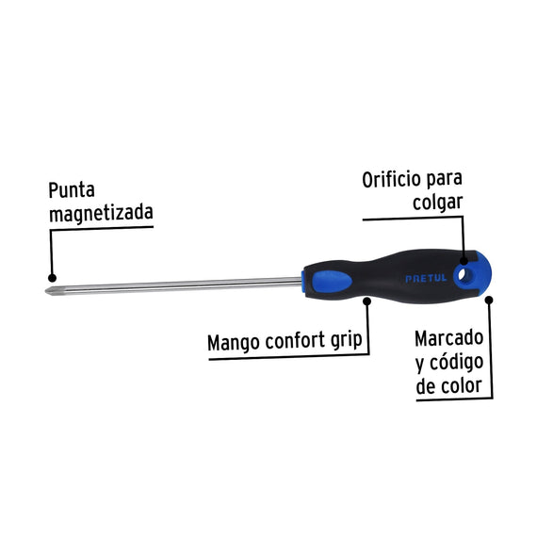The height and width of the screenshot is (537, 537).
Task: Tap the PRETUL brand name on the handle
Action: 426,278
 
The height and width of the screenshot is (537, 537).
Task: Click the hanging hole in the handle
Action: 463,274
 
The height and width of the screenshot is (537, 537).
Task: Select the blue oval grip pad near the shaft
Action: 331,281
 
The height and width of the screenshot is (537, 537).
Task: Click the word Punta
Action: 72,189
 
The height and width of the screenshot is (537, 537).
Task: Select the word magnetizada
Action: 101,213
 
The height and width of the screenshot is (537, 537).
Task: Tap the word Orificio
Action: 392,179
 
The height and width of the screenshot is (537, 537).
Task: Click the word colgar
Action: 437,203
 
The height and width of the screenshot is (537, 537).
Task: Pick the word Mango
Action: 233,343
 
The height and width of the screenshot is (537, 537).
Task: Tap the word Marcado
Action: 448,338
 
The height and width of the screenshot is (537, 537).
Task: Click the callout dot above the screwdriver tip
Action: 52,277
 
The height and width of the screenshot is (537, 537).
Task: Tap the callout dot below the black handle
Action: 367,301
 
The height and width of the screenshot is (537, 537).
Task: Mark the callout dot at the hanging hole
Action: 464,261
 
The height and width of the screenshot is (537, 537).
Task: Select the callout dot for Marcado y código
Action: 489,301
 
